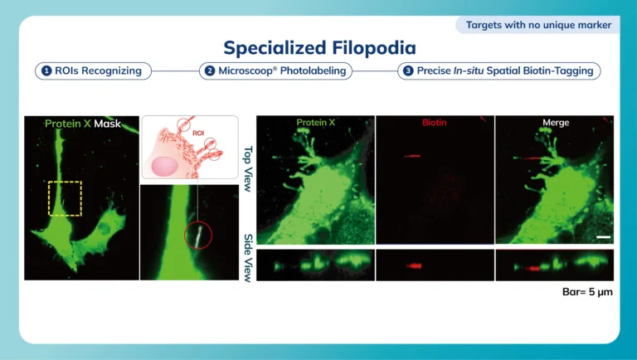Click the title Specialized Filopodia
[319, 47]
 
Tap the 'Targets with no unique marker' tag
[538, 25]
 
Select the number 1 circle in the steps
[46, 71]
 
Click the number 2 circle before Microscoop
[210, 71]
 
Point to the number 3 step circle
[408, 71]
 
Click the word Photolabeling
[313, 71]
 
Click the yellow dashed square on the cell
[65, 182]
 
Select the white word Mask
[107, 124]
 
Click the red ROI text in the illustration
[198, 134]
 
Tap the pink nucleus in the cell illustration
[164, 167]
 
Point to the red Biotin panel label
[435, 122]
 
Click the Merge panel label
[556, 122]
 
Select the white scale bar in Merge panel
[604, 237]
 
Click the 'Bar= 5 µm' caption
[587, 292]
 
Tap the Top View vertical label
[248, 168]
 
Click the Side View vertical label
[248, 258]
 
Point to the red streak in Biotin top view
[412, 156]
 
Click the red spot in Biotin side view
[415, 266]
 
